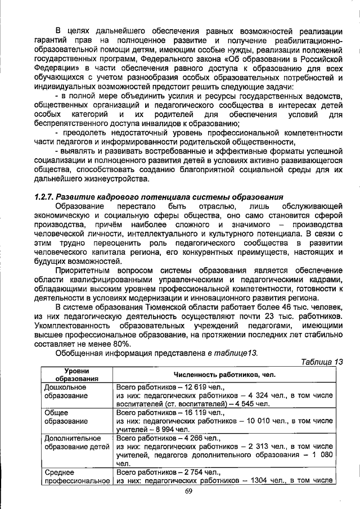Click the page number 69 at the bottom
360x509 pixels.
pos(188,493)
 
